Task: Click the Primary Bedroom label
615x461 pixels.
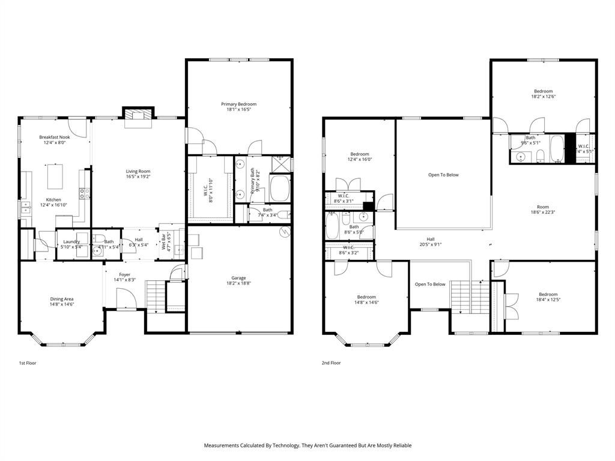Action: click(238, 104)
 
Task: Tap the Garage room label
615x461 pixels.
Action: click(238, 278)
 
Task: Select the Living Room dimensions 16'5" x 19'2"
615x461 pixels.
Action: click(138, 177)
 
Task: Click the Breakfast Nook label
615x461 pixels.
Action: click(53, 137)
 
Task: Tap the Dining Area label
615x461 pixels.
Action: click(62, 299)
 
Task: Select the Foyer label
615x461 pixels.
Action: click(124, 274)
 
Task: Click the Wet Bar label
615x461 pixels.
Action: click(163, 241)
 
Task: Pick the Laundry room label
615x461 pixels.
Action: click(71, 241)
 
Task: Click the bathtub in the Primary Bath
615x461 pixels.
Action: click(280, 188)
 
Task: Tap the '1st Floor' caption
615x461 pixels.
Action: click(27, 363)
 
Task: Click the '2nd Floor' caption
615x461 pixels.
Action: click(331, 363)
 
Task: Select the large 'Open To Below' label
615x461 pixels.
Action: click(443, 175)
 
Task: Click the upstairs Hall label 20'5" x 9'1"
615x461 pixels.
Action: click(431, 239)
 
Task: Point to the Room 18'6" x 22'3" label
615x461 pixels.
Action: click(543, 207)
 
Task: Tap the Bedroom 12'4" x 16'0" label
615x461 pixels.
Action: click(360, 154)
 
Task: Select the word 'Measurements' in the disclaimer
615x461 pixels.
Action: click(221, 445)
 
